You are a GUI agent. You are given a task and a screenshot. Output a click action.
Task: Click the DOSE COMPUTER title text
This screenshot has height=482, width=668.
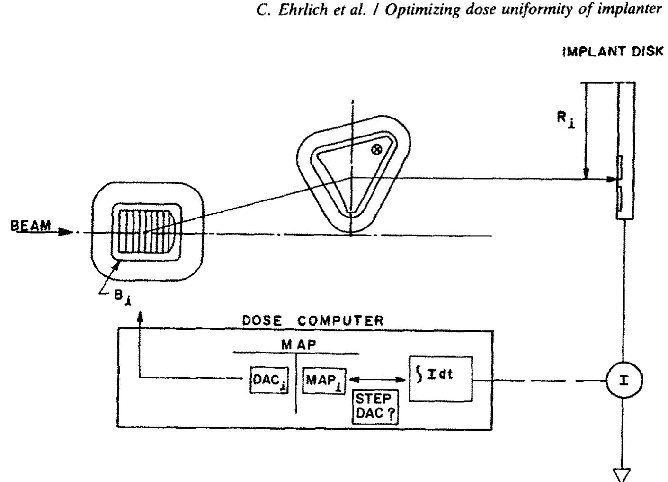(313, 320)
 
